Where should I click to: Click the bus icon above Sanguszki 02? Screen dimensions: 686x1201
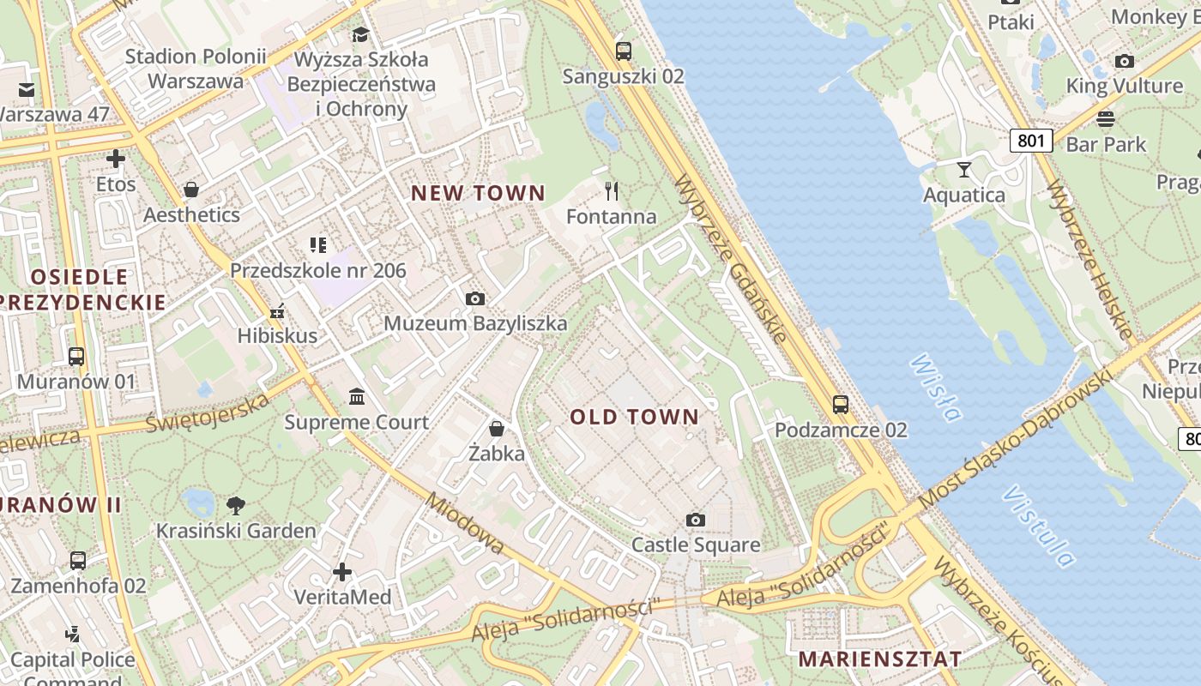624,51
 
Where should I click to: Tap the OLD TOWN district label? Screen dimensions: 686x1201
634,417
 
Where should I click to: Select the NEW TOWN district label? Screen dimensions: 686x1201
478,193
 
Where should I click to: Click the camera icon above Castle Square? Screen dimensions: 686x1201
696,520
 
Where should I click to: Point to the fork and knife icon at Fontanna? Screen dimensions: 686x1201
612,190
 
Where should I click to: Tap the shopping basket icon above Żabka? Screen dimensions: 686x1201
497,428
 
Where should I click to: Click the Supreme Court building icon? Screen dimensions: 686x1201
357,397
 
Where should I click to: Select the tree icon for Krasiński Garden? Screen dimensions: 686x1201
236,506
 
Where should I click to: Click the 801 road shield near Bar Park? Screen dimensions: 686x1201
1030,140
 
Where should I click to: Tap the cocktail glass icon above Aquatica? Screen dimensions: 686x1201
964,169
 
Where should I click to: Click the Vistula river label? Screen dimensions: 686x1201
1038,527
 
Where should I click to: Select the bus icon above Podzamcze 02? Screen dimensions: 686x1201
841,405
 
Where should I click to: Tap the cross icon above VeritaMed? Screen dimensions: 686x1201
342,572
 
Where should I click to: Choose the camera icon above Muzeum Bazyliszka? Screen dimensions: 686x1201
475,298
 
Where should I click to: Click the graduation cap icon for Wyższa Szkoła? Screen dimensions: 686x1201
360,34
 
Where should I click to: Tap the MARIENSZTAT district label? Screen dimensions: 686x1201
879,659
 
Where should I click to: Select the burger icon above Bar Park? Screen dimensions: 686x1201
1106,118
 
